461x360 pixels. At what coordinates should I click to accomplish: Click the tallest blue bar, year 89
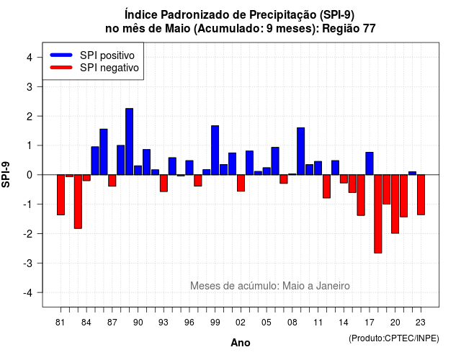point(130,142)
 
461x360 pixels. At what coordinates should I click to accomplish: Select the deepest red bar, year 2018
point(378,214)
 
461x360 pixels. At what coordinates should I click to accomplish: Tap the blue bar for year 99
point(215,150)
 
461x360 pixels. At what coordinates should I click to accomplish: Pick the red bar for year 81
point(61,195)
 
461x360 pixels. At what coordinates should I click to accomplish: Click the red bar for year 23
point(421,195)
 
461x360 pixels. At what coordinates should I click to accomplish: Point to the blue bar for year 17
point(370,163)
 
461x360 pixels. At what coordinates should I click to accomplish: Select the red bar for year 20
point(395,204)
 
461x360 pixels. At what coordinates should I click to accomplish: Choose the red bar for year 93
point(164,183)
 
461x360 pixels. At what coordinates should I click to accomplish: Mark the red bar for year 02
point(241,183)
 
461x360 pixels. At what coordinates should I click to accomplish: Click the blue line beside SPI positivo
point(61,55)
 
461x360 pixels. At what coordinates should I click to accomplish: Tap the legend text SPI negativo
point(109,68)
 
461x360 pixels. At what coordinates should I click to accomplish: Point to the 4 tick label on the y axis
point(30,58)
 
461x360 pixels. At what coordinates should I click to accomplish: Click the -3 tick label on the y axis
point(27,264)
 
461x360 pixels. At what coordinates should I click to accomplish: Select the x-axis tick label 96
point(189,323)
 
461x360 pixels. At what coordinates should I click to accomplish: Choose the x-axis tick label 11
point(318,323)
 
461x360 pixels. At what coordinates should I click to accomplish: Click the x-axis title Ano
point(241,343)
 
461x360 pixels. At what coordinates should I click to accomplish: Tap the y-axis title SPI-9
point(6,174)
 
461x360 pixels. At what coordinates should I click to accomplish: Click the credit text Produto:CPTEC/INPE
point(394,338)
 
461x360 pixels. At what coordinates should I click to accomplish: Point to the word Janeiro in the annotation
point(333,286)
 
